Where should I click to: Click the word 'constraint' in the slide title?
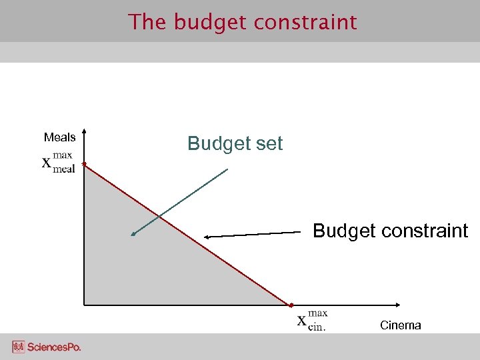[307, 22]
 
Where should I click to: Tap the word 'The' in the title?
[147, 22]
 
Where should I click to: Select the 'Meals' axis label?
[59, 137]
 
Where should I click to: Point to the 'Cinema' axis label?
[400, 325]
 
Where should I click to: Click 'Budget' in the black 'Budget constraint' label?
[343, 231]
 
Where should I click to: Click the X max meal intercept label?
[59, 162]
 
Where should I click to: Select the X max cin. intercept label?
[311, 319]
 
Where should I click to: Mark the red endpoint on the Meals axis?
[83, 163]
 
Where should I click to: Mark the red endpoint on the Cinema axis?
[291, 305]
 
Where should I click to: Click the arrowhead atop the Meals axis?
[84, 130]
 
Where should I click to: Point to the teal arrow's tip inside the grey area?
[133, 235]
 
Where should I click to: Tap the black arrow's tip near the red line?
[205, 237]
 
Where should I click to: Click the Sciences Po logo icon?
[18, 347]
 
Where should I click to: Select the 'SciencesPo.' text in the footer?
[54, 347]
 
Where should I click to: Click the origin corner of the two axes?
[84, 305]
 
